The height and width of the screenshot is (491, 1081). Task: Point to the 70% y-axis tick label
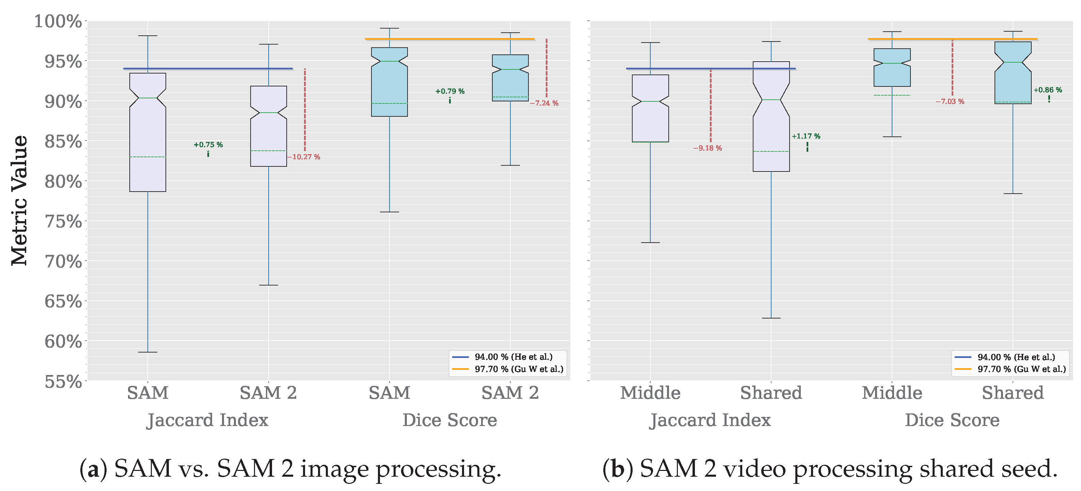(x=63, y=262)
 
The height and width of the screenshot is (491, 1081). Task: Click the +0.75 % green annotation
(x=208, y=145)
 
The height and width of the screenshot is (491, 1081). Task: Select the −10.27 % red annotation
(x=304, y=157)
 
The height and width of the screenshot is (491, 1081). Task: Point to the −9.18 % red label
(x=708, y=148)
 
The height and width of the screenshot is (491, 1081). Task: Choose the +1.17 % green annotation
(x=806, y=136)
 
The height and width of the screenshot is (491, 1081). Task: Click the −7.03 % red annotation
(x=950, y=101)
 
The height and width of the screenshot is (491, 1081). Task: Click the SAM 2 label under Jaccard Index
(x=268, y=393)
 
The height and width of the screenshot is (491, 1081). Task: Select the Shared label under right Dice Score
(x=1013, y=393)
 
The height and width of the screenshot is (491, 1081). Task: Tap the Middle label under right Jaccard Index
(x=650, y=393)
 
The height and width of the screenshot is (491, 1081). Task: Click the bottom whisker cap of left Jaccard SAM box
(x=148, y=352)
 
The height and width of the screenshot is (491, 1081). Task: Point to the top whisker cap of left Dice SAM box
(x=390, y=29)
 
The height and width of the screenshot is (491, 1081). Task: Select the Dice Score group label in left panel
(x=449, y=420)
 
